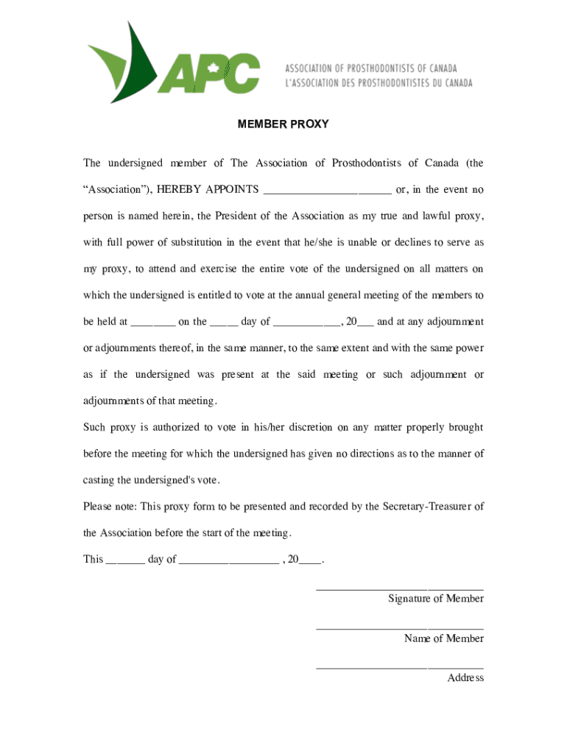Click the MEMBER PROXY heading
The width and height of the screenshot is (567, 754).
[x=283, y=124]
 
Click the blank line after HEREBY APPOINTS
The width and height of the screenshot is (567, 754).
[x=327, y=190]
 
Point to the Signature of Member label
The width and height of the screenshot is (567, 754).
[x=436, y=599]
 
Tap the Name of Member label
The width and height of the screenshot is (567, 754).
[x=443, y=638]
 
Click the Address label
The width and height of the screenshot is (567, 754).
[x=465, y=678]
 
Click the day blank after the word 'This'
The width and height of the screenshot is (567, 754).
[x=125, y=560]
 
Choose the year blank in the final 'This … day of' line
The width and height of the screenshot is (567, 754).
[x=310, y=560]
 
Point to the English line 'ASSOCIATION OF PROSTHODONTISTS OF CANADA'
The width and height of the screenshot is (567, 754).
[x=371, y=68]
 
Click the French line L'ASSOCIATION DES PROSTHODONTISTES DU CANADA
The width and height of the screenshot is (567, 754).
[x=378, y=83]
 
